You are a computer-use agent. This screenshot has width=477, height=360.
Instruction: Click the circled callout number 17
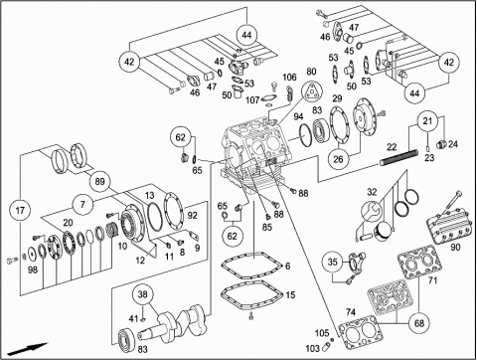(20, 210)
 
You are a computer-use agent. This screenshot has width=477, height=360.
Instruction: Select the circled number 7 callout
(82, 204)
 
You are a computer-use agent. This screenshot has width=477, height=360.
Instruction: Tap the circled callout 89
(99, 181)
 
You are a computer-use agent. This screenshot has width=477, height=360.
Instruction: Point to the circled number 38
(142, 294)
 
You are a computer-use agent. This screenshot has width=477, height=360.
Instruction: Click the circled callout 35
(332, 262)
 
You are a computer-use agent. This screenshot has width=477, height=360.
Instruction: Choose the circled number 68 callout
(419, 322)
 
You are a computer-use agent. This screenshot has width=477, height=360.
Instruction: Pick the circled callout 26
(338, 159)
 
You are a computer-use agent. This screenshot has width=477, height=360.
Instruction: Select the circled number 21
(427, 120)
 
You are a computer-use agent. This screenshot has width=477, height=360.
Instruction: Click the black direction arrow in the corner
(28, 349)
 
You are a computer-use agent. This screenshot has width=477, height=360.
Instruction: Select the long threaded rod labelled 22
(399, 157)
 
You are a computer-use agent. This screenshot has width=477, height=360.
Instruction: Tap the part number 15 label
(290, 294)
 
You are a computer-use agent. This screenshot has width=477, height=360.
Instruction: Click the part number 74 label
(351, 312)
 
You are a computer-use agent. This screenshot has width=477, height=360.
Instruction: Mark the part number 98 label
(33, 270)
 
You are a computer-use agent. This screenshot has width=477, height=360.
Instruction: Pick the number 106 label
(289, 78)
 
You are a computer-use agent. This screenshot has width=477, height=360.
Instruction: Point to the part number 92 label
(192, 215)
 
